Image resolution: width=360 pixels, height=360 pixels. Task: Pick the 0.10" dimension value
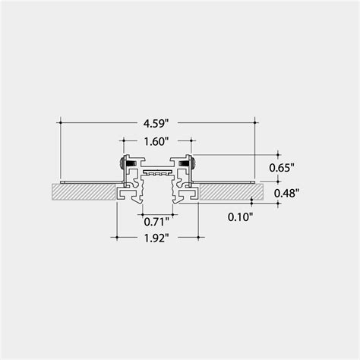(240, 216)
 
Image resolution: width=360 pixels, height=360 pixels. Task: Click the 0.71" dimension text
(156, 222)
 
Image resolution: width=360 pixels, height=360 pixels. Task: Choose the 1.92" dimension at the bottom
(156, 237)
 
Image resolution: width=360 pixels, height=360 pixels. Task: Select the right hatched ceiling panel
(228, 191)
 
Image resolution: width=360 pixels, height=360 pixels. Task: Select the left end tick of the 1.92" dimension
(115, 237)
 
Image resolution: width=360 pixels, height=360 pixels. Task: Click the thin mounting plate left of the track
(87, 182)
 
